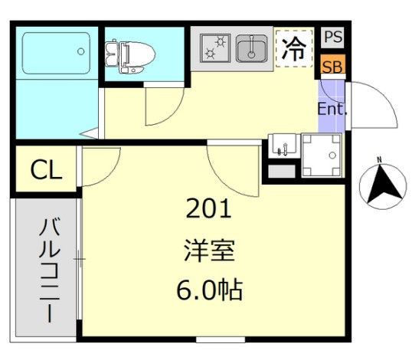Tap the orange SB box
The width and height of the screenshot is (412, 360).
coord(332,66)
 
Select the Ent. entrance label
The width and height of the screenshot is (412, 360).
coord(332,109)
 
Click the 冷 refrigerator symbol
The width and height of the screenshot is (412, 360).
coord(294,49)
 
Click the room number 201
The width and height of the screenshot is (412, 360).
coord(208,208)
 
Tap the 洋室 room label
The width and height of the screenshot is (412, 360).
coord(208,250)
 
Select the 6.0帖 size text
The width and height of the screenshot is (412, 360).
coord(208,290)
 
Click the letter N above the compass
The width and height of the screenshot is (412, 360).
coord(378,160)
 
